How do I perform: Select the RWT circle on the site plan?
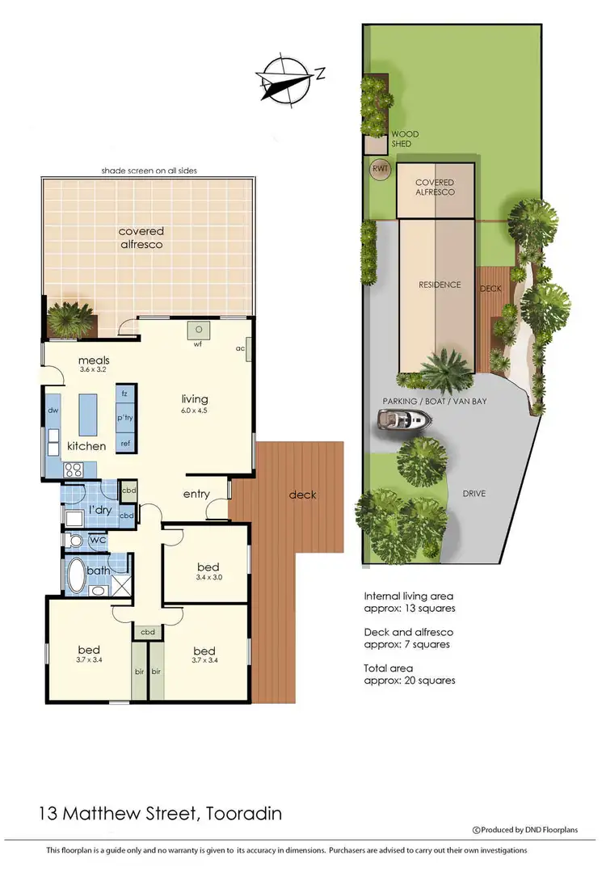379,169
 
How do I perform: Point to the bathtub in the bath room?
79,575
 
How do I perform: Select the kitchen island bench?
87,415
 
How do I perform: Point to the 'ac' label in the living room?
240,349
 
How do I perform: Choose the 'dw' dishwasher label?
53,411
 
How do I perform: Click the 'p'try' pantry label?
125,419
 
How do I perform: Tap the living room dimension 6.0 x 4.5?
195,412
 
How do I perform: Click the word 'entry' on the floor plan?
196,495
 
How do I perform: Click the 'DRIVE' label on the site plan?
474,493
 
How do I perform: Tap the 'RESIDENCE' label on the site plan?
440,284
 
